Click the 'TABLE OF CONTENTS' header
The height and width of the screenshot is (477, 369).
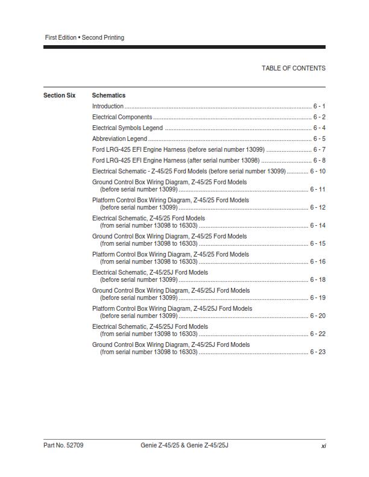293,68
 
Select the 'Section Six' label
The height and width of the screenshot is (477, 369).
59,95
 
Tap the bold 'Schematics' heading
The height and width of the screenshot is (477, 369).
109,95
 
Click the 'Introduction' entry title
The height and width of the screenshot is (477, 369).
108,106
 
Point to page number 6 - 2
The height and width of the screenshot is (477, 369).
319,117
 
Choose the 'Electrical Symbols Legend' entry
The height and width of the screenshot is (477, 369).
127,128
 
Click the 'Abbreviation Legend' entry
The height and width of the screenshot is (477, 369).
119,139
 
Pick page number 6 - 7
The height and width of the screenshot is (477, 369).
319,149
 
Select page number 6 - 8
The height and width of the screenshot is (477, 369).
319,160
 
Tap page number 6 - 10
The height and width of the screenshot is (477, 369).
318,171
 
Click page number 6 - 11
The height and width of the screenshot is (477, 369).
318,189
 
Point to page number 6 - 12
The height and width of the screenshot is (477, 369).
318,207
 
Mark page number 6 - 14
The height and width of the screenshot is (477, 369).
318,225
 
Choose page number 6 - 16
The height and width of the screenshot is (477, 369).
318,261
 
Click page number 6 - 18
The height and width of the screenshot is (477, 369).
318,279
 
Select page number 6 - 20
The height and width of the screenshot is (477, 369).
318,316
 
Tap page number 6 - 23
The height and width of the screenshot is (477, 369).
318,352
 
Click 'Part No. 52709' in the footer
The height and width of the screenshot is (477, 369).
63,445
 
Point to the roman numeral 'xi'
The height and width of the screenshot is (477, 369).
323,446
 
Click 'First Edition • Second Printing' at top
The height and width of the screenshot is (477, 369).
84,37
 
